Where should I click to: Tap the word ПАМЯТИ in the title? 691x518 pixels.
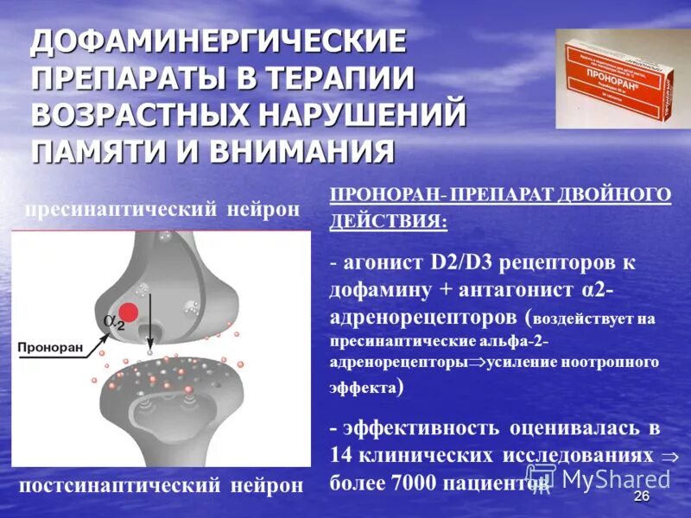point(101,151)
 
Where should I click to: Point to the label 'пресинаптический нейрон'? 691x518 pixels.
point(162,210)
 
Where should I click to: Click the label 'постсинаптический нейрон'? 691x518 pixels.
point(162,485)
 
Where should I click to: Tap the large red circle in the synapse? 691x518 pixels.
point(130,313)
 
